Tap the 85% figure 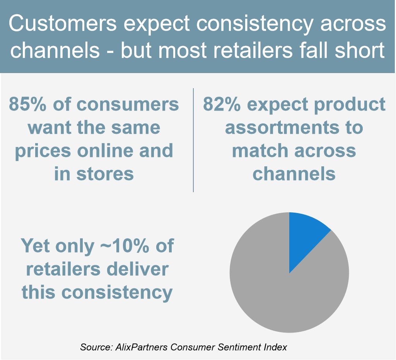click(x=27, y=104)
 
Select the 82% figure click(x=222, y=104)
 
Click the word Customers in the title click(x=63, y=23)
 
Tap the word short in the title click(x=360, y=50)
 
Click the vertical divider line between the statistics click(x=193, y=140)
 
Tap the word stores click(x=105, y=174)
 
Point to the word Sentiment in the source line click(x=239, y=347)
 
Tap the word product click(x=350, y=105)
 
